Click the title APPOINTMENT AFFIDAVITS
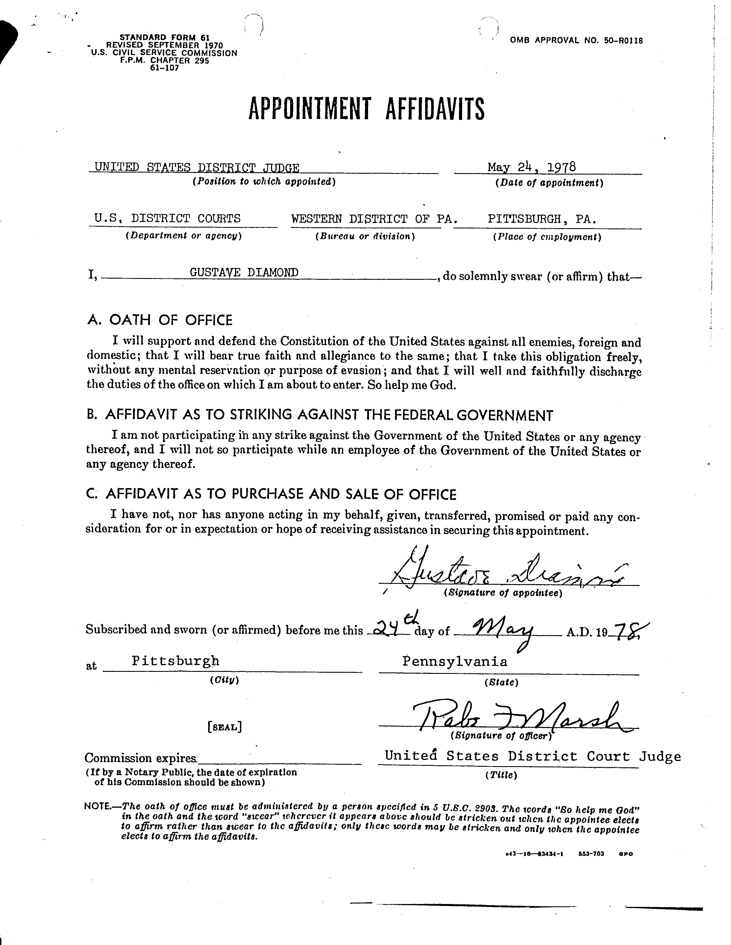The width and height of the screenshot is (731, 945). (x=366, y=109)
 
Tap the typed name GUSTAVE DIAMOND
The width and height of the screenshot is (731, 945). (x=244, y=272)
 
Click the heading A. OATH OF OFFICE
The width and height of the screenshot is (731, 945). (x=160, y=320)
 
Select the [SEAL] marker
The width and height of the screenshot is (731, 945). (x=225, y=727)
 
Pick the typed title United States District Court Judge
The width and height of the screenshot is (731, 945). (x=532, y=756)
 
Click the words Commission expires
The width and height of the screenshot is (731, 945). (x=141, y=758)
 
